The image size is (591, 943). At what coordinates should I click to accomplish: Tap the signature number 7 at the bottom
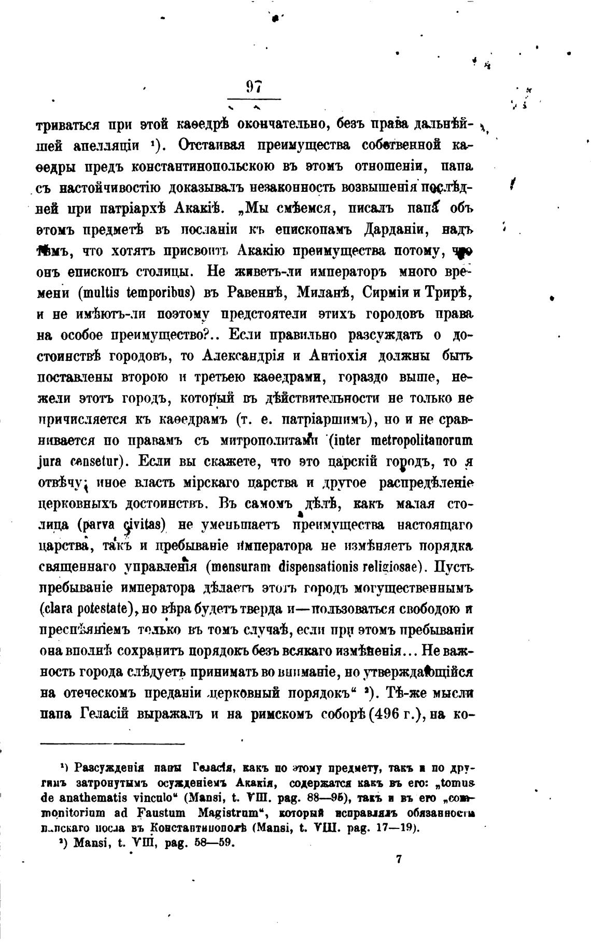[x=399, y=859]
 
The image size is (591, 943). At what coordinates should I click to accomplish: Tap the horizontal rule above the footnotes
[x=111, y=744]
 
